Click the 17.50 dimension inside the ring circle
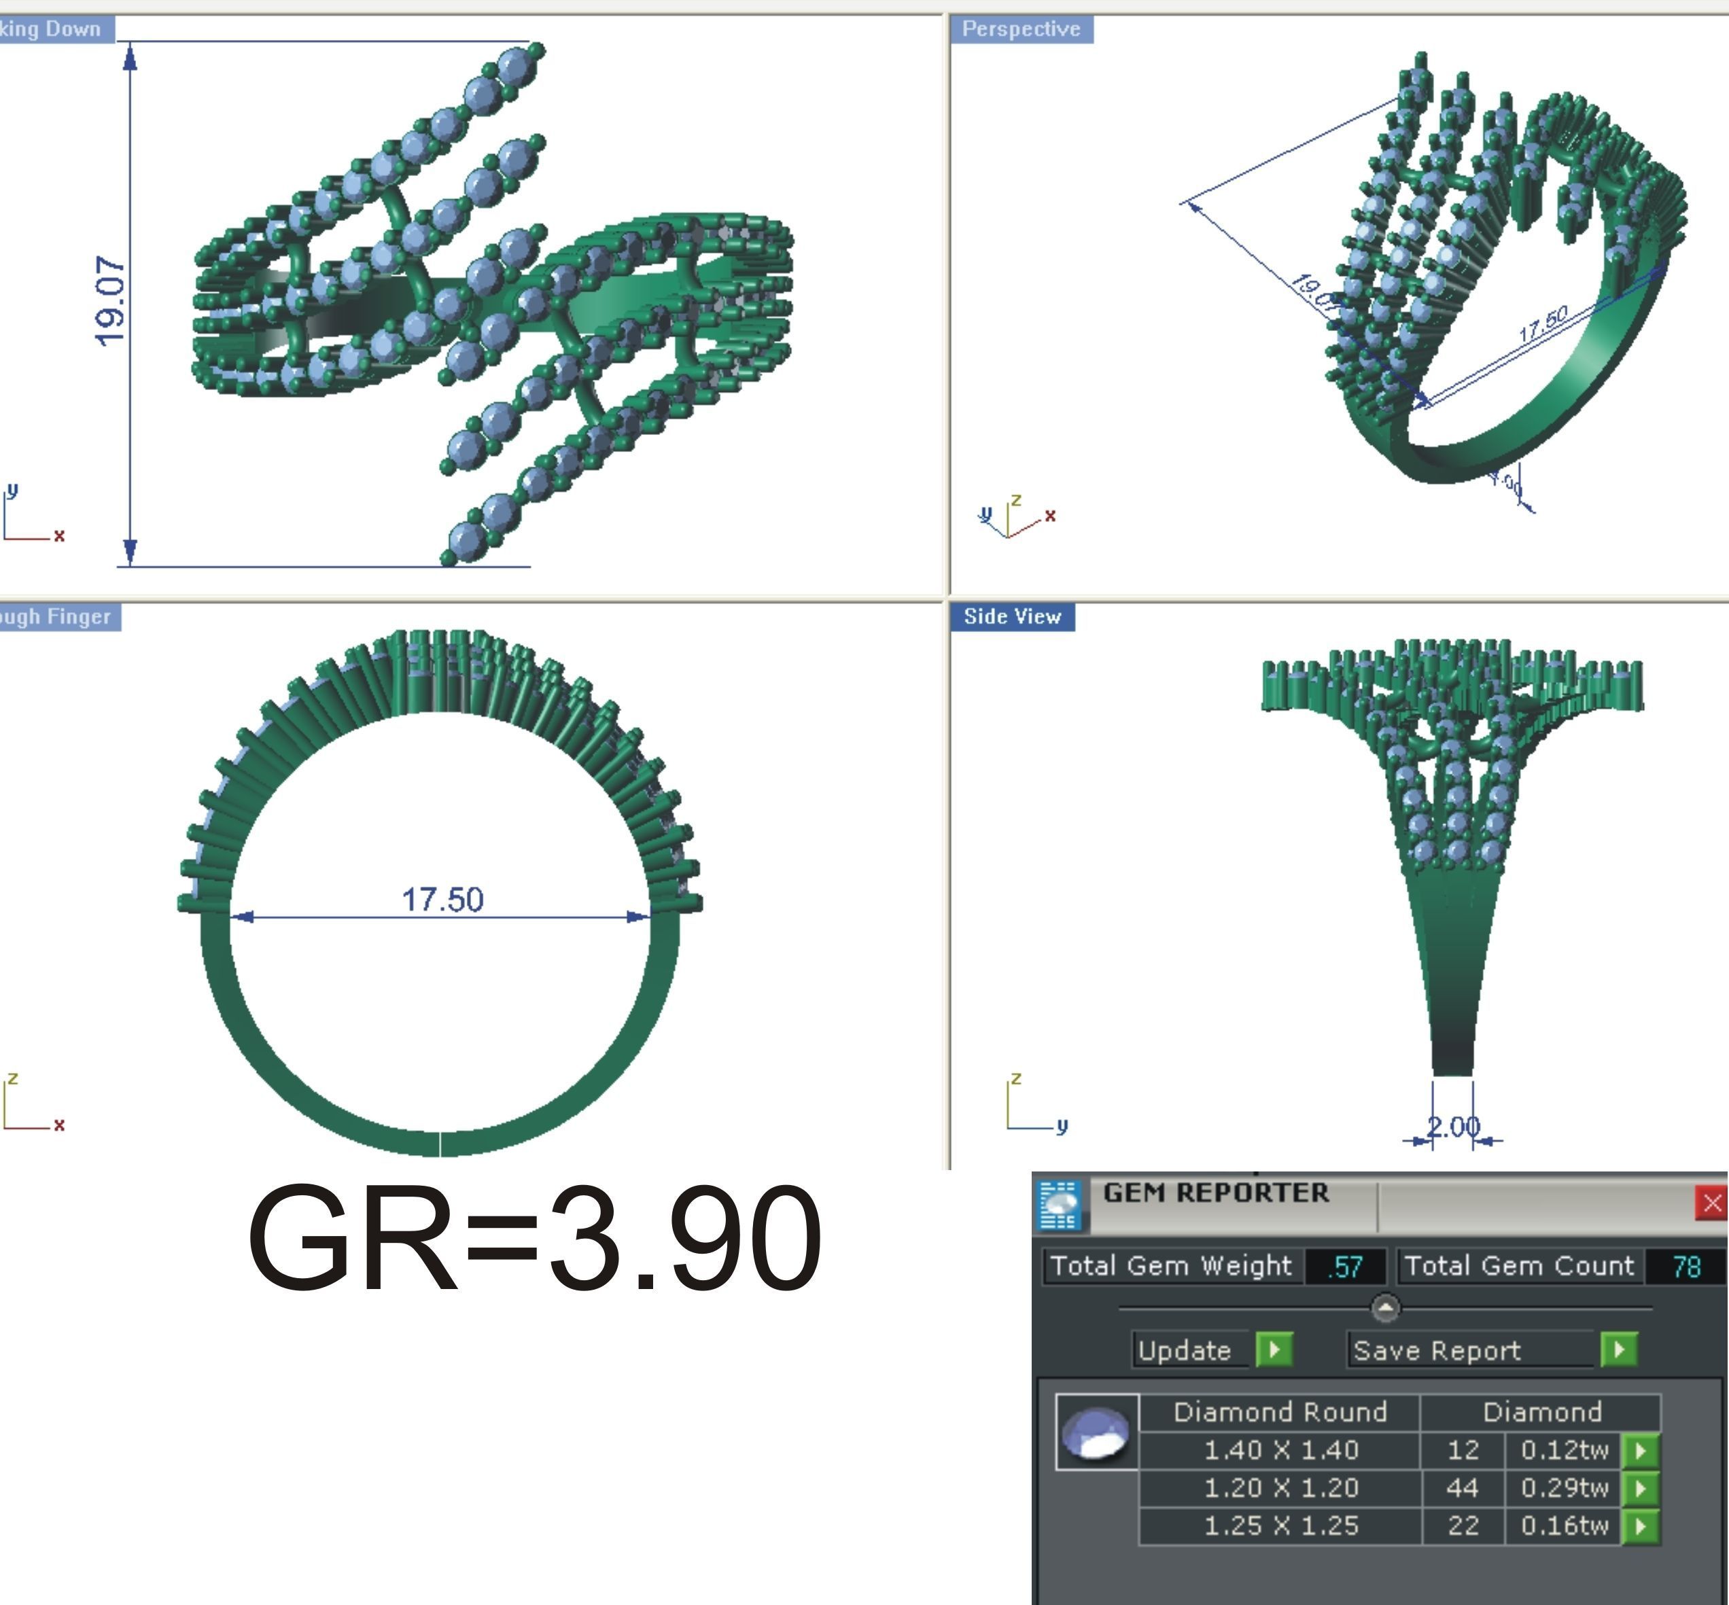pyautogui.click(x=442, y=900)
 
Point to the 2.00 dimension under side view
pyautogui.click(x=1452, y=1127)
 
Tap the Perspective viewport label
pyautogui.click(x=1021, y=29)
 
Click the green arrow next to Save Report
pyautogui.click(x=1619, y=1350)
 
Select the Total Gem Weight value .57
pyautogui.click(x=1344, y=1267)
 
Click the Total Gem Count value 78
pyautogui.click(x=1686, y=1267)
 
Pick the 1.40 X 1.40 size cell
pyautogui.click(x=1280, y=1449)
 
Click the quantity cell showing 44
pyautogui.click(x=1463, y=1487)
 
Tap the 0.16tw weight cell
pyautogui.click(x=1564, y=1526)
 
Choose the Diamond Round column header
pyautogui.click(x=1280, y=1412)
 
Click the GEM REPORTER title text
pyautogui.click(x=1215, y=1193)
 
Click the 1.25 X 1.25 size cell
pyautogui.click(x=1280, y=1526)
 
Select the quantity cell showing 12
pyautogui.click(x=1463, y=1449)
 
